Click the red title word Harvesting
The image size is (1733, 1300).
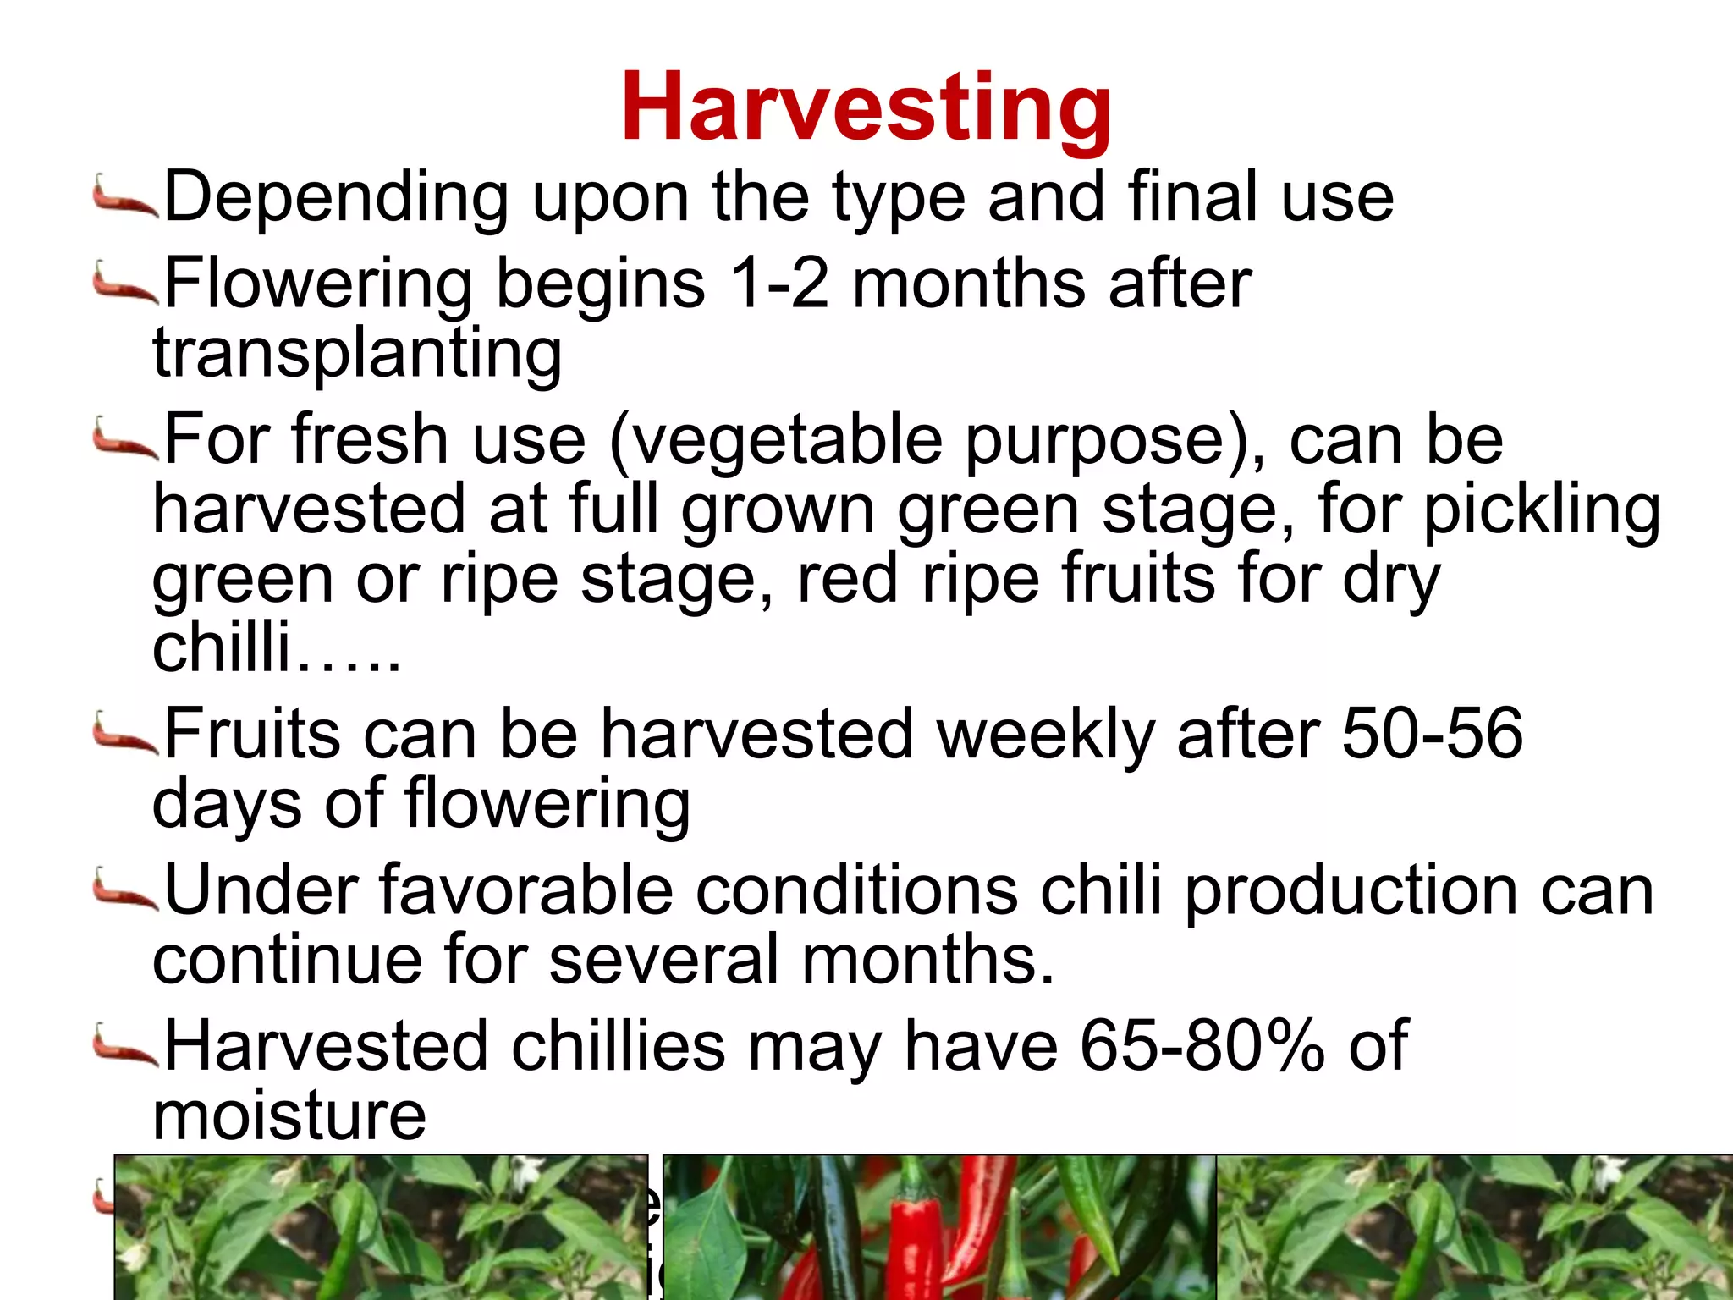(x=866, y=108)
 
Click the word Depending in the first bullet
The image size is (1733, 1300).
(x=336, y=198)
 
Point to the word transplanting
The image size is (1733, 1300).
(x=357, y=353)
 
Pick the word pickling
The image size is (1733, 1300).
(x=1541, y=511)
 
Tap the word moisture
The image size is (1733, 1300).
(x=289, y=1115)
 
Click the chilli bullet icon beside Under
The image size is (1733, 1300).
(x=124, y=890)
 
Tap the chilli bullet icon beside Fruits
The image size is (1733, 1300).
(x=124, y=733)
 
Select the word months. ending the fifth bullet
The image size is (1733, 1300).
(x=928, y=960)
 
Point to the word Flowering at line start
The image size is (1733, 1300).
(x=318, y=284)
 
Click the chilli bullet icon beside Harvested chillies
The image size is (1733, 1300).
(x=124, y=1046)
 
